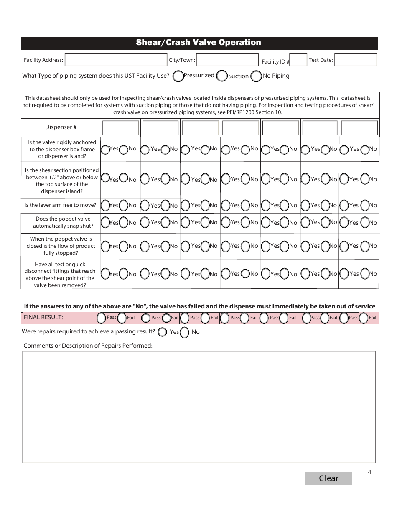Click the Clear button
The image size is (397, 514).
328,478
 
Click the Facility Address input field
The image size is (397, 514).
116,60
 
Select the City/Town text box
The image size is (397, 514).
227,60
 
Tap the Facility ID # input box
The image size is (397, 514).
298,60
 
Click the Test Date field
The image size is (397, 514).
356,60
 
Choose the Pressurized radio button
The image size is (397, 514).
178,76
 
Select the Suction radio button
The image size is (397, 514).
222,76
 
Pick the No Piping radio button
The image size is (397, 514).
256,76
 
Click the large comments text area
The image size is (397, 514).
198,407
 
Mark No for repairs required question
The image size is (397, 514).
184,332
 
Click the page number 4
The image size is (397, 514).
369,472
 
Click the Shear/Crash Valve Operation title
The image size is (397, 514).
198,43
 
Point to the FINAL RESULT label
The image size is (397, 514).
43,317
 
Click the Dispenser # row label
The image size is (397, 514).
61,127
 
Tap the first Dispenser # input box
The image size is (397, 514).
120,128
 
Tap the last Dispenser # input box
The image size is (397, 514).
359,128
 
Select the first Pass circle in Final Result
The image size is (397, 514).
101,318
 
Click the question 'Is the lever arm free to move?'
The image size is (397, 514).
60,205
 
